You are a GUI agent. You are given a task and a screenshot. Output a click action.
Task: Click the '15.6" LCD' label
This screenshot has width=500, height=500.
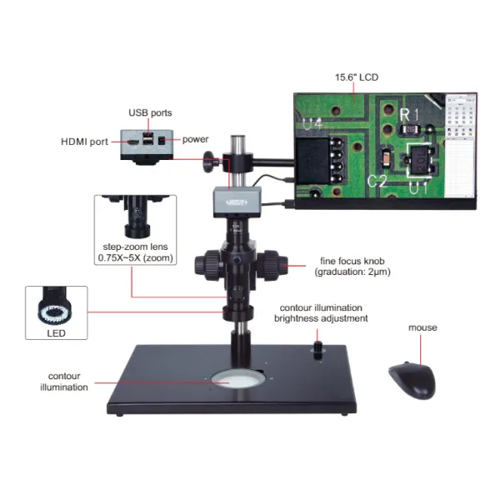tap(357, 77)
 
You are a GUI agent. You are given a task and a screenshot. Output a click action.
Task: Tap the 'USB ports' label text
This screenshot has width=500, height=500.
tap(150, 112)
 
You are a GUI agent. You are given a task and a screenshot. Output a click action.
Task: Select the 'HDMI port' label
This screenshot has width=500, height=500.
tap(84, 142)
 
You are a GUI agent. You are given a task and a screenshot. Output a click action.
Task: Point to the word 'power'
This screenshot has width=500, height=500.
tap(195, 138)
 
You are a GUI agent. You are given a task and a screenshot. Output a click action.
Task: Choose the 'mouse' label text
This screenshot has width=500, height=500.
tap(422, 327)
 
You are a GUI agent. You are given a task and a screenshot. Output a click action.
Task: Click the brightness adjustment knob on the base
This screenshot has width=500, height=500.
tap(319, 345)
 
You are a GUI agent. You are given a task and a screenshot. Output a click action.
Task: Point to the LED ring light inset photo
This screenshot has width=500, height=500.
tap(57, 308)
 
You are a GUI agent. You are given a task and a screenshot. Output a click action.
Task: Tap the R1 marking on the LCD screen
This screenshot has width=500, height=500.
tap(406, 114)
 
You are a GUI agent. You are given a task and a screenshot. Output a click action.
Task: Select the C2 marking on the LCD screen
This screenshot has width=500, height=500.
tap(377, 181)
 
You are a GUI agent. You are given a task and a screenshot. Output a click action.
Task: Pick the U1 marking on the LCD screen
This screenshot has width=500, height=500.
tap(418, 188)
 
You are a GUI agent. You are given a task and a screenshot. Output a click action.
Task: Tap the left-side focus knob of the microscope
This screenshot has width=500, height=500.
tap(207, 265)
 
